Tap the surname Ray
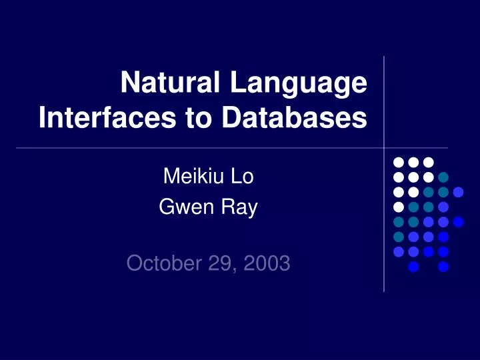pyautogui.click(x=237, y=209)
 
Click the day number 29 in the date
pyautogui.click(x=219, y=264)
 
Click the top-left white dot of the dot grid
pyautogui.click(x=398, y=162)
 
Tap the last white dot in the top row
pyautogui.click(x=428, y=162)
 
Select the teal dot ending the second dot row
pyautogui.click(x=443, y=177)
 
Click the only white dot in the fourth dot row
pyautogui.click(x=398, y=207)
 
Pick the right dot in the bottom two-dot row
pyautogui.click(x=443, y=267)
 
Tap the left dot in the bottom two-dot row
pyautogui.click(x=413, y=267)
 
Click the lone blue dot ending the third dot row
pyautogui.click(x=458, y=192)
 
